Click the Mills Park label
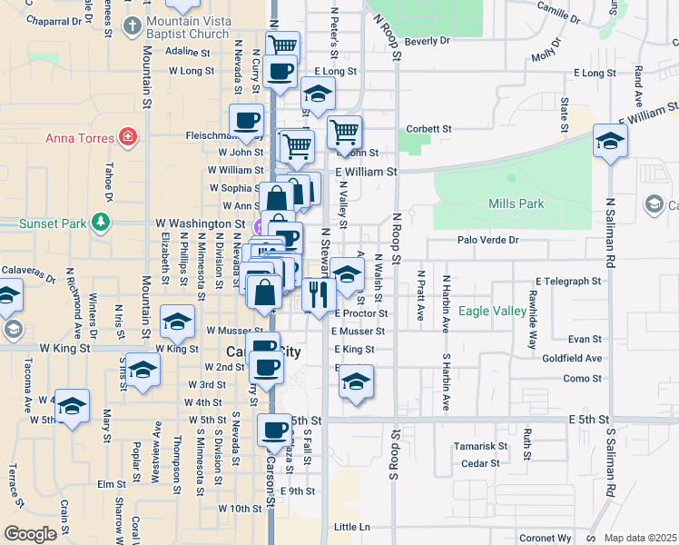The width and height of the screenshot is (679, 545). pos(516,203)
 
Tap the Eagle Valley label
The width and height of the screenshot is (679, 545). pos(493,311)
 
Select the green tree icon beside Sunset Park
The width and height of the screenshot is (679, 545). pos(101,221)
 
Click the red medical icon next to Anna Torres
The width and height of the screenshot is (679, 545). pos(129,138)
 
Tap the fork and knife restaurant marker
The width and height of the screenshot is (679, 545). pos(318,293)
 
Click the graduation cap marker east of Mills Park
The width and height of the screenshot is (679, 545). pos(610,141)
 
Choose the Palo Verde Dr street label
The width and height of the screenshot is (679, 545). pos(487,241)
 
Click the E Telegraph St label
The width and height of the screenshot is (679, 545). pos(568,282)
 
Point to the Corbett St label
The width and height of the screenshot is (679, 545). pos(429,130)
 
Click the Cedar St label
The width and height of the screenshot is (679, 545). pos(480,463)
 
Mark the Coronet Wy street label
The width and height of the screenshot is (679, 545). pos(546,538)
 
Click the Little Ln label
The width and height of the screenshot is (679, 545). pos(352,527)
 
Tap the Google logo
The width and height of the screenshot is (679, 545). pos(30,534)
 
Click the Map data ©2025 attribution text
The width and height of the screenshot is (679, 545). pos(640,538)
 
